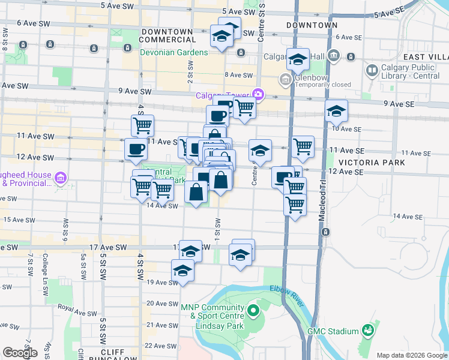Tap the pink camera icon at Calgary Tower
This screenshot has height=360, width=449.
pyautogui.click(x=259, y=94)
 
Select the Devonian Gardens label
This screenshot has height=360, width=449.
pyautogui.click(x=174, y=52)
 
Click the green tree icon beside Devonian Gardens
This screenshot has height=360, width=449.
pyautogui.click(x=128, y=48)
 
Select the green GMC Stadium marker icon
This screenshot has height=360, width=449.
pyautogui.click(x=366, y=331)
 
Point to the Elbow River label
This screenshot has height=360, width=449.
pyautogui.click(x=284, y=292)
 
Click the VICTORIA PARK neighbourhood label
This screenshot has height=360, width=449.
pyautogui.click(x=372, y=163)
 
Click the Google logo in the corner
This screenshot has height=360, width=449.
pyautogui.click(x=20, y=353)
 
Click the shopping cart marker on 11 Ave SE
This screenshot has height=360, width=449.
pyautogui.click(x=303, y=146)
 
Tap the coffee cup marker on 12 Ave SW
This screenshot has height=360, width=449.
pyautogui.click(x=135, y=149)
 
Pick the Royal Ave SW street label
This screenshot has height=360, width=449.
pyautogui.click(x=77, y=310)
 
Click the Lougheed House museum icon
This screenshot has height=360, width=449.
pyautogui.click(x=60, y=178)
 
